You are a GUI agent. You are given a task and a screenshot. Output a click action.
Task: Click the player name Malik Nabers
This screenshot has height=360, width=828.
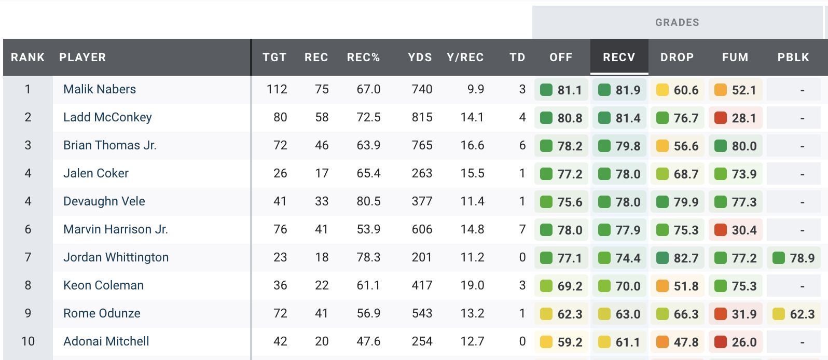[100, 89]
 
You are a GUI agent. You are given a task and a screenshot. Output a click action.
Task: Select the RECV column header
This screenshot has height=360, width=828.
[619, 57]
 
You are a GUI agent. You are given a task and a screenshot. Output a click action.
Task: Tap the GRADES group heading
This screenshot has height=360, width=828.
[677, 22]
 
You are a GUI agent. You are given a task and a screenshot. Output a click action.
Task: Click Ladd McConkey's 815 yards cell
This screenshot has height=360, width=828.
[422, 117]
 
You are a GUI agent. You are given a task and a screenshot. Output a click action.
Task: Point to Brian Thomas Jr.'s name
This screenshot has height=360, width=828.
[110, 145]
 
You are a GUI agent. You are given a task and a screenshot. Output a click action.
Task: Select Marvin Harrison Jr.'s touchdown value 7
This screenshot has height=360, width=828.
[522, 229]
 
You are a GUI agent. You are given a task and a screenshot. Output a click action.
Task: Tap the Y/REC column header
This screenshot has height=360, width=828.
[465, 57]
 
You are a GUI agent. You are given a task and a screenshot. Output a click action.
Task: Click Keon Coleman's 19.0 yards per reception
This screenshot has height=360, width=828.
[472, 285]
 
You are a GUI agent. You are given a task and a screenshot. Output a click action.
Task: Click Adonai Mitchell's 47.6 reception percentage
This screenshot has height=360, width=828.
[368, 341]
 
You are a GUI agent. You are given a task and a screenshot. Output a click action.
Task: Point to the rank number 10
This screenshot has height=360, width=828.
[28, 341]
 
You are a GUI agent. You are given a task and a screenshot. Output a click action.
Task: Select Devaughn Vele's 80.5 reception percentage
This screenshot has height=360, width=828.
[368, 201]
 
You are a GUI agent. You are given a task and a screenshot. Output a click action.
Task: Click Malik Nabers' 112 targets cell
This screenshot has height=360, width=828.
[277, 89]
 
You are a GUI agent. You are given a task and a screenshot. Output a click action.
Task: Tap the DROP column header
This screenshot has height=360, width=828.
[677, 57]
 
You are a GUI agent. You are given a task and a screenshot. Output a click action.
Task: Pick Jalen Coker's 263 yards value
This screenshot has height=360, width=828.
[422, 173]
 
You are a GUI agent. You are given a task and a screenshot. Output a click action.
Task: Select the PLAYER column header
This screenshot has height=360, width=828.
[82, 57]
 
